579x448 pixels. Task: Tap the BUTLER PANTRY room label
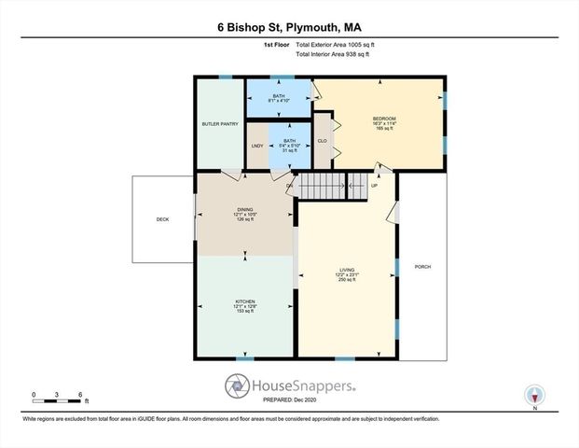pos(220,124)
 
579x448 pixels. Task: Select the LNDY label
pos(257,146)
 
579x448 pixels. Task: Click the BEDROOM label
pos(385,119)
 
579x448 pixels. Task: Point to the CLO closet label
pos(322,141)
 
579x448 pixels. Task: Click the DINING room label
pos(244,211)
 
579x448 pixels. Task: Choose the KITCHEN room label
pos(244,301)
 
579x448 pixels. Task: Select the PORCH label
pos(422,267)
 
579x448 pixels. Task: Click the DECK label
pos(162,220)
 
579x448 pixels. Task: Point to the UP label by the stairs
pos(375,185)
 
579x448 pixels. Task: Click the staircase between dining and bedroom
pos(322,185)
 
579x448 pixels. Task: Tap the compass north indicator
pos(534,396)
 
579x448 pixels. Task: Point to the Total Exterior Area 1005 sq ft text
pos(336,45)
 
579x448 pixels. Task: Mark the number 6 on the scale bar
pos(81,394)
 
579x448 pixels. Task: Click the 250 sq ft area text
pos(347,281)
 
